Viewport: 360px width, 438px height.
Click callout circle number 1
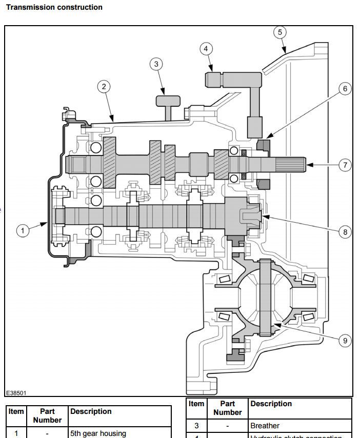[22, 231]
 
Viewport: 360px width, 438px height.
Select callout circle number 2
[104, 87]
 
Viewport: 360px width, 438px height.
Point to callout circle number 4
[206, 49]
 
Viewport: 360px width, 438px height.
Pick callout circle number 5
[279, 32]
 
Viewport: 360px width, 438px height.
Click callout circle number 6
[345, 89]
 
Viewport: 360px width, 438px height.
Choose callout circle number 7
[345, 165]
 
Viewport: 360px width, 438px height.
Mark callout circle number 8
[345, 232]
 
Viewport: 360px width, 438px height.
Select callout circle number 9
[345, 339]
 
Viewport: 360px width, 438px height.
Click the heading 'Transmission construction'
[54, 7]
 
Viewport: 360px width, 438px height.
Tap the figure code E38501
[16, 393]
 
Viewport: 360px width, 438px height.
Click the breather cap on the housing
[168, 100]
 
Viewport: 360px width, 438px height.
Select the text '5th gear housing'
[98, 433]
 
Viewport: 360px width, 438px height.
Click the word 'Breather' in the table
[265, 426]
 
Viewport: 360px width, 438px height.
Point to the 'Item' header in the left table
[16, 411]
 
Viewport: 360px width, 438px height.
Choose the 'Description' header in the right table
[271, 404]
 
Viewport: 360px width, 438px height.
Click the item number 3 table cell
[196, 426]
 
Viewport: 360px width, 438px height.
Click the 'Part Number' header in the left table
[47, 415]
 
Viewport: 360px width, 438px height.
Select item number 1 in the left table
[16, 433]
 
